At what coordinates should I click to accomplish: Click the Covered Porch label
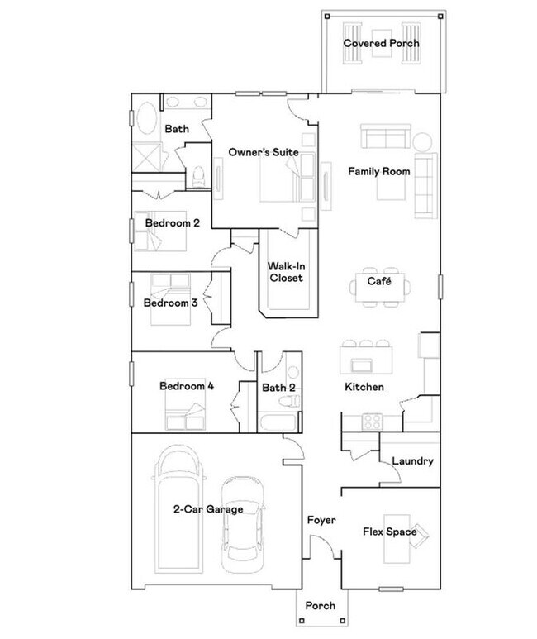pos(382,43)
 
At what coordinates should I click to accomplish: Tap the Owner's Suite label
pos(264,153)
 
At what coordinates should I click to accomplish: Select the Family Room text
pos(378,172)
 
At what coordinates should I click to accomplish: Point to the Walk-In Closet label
pos(285,272)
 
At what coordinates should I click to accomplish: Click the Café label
pos(379,282)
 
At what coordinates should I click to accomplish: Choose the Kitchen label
pos(364,387)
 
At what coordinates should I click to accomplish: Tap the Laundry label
pos(412,461)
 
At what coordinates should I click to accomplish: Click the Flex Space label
pos(389,532)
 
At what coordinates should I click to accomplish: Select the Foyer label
pos(321,521)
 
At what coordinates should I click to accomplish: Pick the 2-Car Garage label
pos(208,509)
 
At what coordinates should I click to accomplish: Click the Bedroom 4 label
pos(188,385)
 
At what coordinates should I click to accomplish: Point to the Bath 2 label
pos(279,387)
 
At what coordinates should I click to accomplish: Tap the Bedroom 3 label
pos(170,303)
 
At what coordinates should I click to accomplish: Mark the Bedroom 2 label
pos(173,223)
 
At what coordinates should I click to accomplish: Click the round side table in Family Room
pos(423,140)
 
